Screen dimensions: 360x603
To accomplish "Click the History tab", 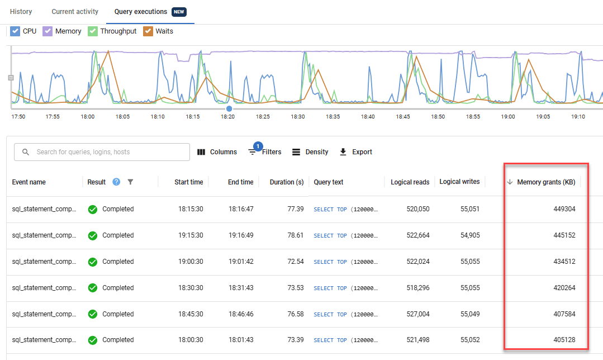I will tap(21, 12).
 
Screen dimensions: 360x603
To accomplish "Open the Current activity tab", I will tap(75, 12).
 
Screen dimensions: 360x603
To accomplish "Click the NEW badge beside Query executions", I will tap(179, 12).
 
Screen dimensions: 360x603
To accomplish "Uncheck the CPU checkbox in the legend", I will tap(16, 31).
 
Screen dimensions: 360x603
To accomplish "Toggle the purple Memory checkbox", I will tap(48, 31).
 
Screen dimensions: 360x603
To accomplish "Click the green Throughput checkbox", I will tap(93, 31).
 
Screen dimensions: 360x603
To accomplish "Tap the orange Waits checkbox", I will tap(148, 31).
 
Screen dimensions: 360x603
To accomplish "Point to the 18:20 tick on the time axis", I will tap(227, 117).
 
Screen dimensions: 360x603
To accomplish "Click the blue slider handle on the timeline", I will tap(229, 108).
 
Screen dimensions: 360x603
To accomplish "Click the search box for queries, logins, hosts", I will tap(106, 152).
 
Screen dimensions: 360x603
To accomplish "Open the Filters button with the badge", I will tap(265, 152).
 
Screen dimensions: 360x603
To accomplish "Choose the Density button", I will tap(310, 152).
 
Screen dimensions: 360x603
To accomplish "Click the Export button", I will tap(355, 152).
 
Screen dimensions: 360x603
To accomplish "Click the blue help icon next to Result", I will tap(116, 182).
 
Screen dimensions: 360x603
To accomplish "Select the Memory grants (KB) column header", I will tap(545, 182).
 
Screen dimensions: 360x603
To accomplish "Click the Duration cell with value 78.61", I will tap(294, 235).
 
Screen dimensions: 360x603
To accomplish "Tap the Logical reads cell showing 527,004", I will tap(415, 314).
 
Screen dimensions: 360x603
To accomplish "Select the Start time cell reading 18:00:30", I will tap(189, 340).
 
